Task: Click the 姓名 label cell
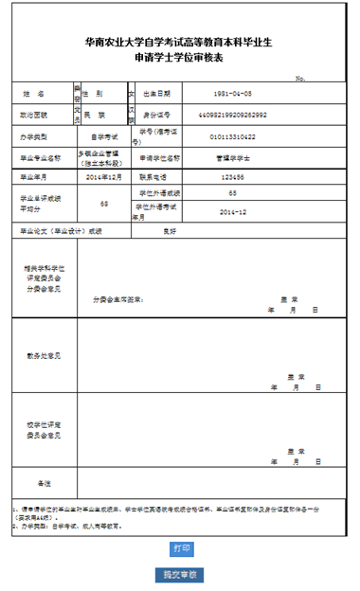[34, 95]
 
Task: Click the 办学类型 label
[35, 136]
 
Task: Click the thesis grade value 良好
[171, 231]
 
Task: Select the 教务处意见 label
[44, 355]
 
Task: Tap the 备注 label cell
[44, 482]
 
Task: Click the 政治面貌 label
[34, 115]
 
